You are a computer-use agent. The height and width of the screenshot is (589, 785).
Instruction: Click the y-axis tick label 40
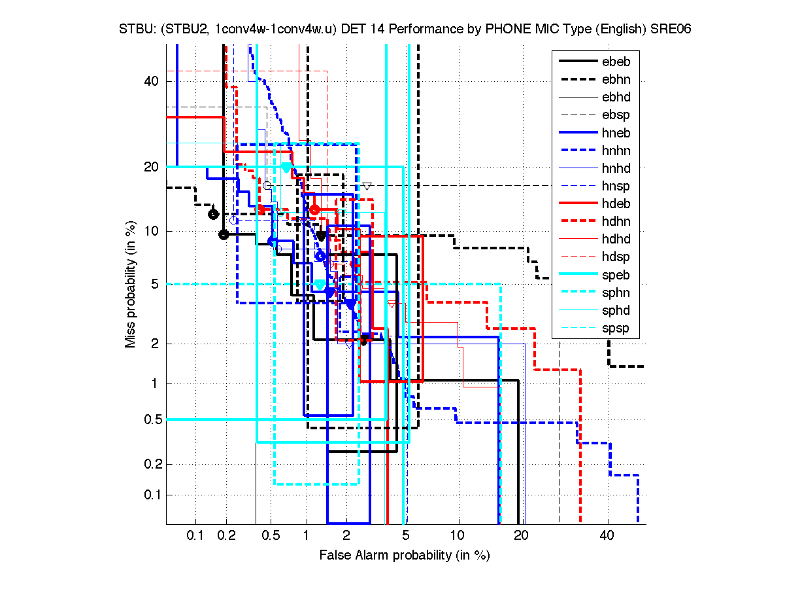(x=151, y=81)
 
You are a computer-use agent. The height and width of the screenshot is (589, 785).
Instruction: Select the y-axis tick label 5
(x=154, y=283)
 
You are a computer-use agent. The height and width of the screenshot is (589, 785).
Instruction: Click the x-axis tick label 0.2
(x=226, y=536)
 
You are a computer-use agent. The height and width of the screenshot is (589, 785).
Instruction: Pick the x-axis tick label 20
(x=520, y=536)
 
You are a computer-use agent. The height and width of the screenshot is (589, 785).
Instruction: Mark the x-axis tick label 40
(x=608, y=536)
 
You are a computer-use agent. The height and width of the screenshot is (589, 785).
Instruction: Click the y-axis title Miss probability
(x=131, y=283)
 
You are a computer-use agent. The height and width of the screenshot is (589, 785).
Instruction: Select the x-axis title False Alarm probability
(x=404, y=556)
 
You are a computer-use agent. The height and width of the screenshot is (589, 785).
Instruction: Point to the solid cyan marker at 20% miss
(x=286, y=167)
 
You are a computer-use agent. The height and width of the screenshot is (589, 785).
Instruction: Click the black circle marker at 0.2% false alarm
(x=224, y=234)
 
